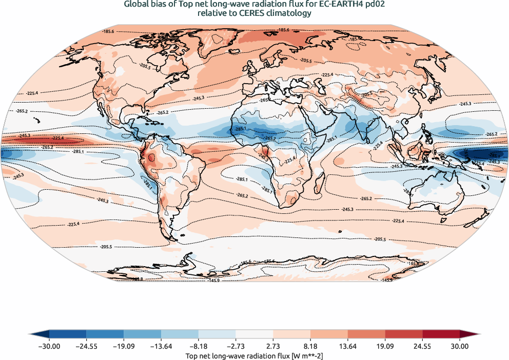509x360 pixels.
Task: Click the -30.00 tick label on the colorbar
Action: click(49, 346)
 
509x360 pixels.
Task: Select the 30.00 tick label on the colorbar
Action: click(460, 346)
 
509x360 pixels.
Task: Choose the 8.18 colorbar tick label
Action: click(310, 346)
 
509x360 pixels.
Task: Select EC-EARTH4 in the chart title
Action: click(338, 5)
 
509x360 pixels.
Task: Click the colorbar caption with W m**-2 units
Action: click(254, 355)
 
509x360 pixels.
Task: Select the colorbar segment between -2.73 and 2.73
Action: click(254, 334)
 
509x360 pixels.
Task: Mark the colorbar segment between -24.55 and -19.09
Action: click(105, 334)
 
